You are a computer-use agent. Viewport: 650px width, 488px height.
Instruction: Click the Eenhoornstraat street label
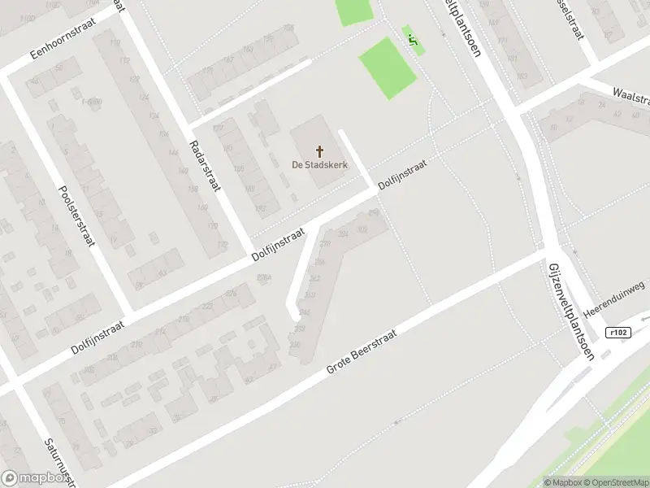tap(63, 38)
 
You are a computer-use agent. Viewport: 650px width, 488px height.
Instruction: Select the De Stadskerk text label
tap(319, 164)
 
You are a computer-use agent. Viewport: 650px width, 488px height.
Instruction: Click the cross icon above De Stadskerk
tap(320, 150)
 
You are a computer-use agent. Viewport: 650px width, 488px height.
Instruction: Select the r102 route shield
tap(618, 332)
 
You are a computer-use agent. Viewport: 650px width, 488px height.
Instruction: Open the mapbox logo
tap(33, 478)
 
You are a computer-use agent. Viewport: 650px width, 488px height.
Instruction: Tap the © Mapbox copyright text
tap(561, 482)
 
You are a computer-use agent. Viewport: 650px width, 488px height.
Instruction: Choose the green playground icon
tap(413, 37)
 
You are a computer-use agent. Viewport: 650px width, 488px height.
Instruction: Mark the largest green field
tap(388, 68)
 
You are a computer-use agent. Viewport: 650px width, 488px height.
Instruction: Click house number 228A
tap(263, 277)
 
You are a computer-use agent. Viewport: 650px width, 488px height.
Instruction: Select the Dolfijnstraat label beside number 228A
tap(278, 244)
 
